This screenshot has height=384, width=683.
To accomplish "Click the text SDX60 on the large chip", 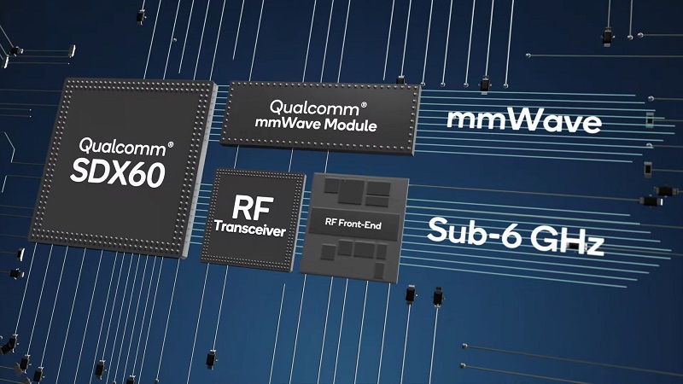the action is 118,173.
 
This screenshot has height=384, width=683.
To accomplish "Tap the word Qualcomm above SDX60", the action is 122,147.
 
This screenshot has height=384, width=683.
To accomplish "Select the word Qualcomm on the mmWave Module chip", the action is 314,109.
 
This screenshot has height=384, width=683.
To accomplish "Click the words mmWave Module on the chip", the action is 316,124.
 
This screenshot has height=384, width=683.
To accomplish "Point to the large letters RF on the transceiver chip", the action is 253,207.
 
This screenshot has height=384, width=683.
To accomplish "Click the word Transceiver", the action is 250,229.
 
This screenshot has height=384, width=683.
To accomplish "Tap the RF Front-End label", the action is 353,224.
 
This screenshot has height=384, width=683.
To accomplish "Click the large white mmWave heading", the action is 524,120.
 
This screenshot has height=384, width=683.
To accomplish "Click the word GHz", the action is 568,241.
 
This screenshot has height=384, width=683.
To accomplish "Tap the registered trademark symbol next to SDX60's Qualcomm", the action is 170,144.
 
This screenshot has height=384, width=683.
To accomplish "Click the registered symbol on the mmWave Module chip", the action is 364,105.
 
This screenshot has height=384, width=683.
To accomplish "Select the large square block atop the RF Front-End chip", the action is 351,192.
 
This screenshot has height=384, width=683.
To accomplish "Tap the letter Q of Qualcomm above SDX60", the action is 85,145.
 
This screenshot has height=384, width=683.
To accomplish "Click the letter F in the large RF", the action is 265,208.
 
